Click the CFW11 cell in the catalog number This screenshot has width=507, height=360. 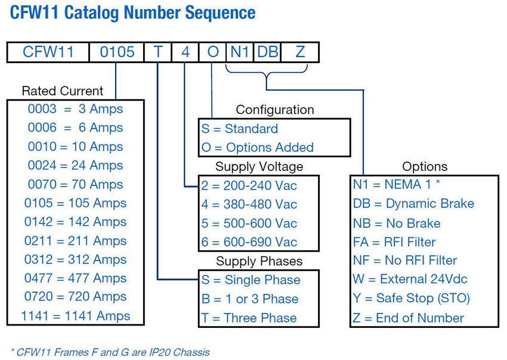pyautogui.click(x=48, y=52)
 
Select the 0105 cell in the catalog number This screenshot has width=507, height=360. pyautogui.click(x=117, y=52)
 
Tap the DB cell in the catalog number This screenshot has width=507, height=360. pyautogui.click(x=267, y=52)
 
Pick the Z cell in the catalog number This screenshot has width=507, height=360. pyautogui.click(x=300, y=52)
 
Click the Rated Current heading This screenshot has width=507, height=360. pyautogui.click(x=63, y=91)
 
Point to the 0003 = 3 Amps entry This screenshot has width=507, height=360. pyautogui.click(x=75, y=109)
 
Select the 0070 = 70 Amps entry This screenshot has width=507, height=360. pyautogui.click(x=75, y=184)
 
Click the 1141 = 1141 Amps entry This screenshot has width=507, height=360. pyautogui.click(x=75, y=316)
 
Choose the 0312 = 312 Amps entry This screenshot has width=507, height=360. pyautogui.click(x=75, y=259)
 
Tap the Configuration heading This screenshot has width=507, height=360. pyautogui.click(x=275, y=110)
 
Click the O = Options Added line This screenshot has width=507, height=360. pyautogui.click(x=258, y=147)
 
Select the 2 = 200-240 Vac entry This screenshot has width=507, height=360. pyautogui.click(x=249, y=185)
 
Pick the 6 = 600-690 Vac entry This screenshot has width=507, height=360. pyautogui.click(x=249, y=242)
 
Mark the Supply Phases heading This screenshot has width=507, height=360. pyautogui.click(x=259, y=261)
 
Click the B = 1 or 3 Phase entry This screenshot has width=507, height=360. pyautogui.click(x=249, y=299)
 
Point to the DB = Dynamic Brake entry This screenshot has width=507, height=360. pyautogui.click(x=413, y=204)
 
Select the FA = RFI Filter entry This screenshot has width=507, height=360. pyautogui.click(x=394, y=242)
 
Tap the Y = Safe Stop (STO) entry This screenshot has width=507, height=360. pyautogui.click(x=411, y=298)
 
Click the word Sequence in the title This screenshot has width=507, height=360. pyautogui.click(x=220, y=13)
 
